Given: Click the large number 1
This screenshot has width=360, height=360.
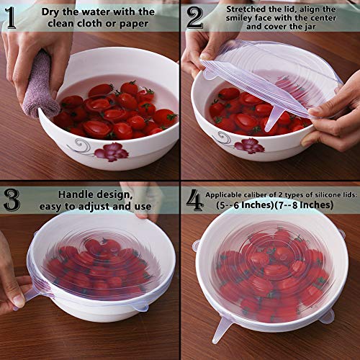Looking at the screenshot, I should (x=13, y=18).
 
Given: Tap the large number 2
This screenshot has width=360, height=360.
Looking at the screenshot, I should (x=195, y=18).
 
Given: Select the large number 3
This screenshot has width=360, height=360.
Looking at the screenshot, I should (x=13, y=199).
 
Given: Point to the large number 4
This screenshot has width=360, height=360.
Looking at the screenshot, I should (x=194, y=199).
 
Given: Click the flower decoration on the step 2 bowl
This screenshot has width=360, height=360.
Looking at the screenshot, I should (x=248, y=145).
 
